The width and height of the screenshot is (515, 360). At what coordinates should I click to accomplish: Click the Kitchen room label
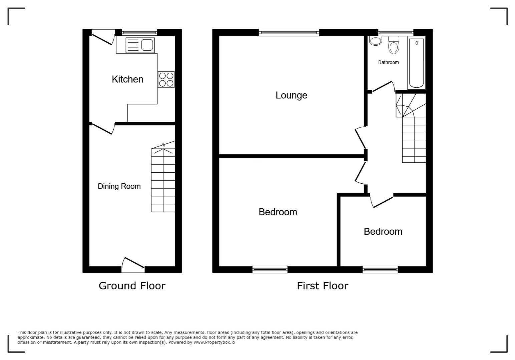point(128,79)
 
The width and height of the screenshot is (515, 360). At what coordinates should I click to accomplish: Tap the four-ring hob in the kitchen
point(166,79)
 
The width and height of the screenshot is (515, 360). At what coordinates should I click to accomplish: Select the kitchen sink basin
point(147,45)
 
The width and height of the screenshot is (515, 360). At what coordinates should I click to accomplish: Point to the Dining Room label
point(119,186)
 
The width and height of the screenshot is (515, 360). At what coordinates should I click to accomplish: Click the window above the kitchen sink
point(139,32)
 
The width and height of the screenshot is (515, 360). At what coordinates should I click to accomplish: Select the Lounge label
point(291,95)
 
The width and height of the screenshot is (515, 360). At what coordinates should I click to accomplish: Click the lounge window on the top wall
point(289,33)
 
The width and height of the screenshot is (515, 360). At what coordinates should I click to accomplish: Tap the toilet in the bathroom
point(394,45)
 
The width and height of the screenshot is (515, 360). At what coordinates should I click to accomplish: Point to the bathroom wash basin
point(376,41)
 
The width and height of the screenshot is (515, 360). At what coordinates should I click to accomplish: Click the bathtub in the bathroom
point(416,63)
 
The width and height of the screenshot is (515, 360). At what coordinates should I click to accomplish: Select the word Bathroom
point(389,62)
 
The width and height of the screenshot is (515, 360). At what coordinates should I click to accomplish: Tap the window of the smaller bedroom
point(380,269)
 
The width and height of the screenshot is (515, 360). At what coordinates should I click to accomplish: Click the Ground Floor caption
point(132,286)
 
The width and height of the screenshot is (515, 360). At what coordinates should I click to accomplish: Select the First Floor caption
point(323,286)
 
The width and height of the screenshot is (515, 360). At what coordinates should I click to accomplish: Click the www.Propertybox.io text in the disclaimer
point(214,342)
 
